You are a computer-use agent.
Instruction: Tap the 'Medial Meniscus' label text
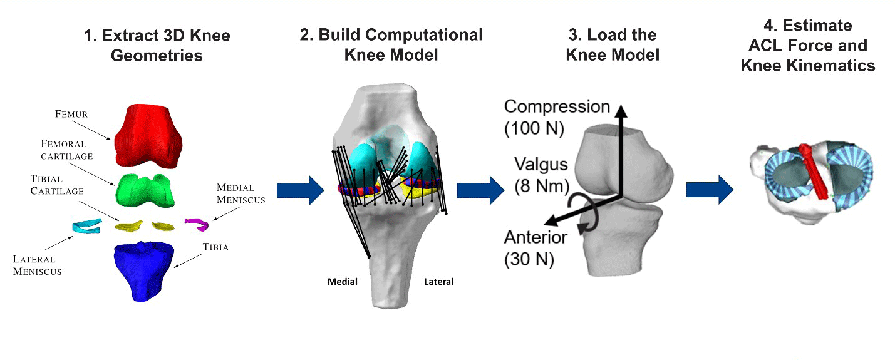pyautogui.click(x=240, y=193)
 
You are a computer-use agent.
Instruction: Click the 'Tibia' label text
pyautogui.click(x=215, y=247)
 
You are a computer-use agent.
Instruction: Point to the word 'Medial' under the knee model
pyautogui.click(x=343, y=282)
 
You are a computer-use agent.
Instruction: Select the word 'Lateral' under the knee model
pyautogui.click(x=438, y=282)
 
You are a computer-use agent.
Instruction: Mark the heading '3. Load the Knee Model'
pyautogui.click(x=613, y=45)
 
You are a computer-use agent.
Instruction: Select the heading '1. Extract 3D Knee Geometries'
pyautogui.click(x=157, y=45)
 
